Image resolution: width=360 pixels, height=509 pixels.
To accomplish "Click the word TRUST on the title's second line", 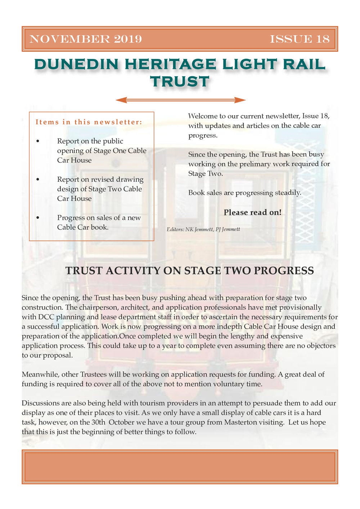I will tap(180, 82).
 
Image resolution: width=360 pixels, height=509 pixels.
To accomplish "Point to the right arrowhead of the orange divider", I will tap(241, 100).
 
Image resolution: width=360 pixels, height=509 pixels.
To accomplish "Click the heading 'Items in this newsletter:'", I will tap(89, 122).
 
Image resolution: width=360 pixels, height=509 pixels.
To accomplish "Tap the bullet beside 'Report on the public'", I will tap(38, 141).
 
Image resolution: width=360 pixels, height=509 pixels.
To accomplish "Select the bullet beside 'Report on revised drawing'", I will tap(38, 180).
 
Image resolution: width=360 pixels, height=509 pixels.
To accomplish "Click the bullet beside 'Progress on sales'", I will tap(38, 218).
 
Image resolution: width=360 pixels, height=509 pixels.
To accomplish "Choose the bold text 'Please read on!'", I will tap(252, 212).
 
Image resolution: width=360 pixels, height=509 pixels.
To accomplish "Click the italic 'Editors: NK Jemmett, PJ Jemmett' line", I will tap(203, 229).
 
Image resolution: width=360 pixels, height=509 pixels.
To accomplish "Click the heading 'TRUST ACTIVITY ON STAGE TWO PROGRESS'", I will tap(189, 271).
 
